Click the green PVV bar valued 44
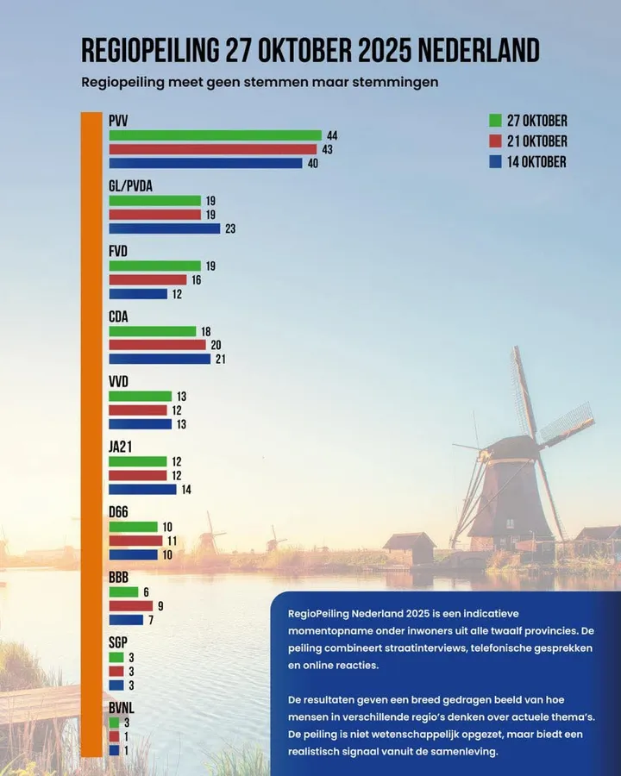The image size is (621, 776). pyautogui.click(x=215, y=135)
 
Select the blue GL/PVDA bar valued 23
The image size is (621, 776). pyautogui.click(x=165, y=228)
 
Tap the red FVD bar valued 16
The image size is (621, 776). pyautogui.click(x=147, y=279)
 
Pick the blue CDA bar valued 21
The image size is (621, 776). pyautogui.click(x=160, y=359)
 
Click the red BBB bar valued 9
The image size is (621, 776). pyautogui.click(x=130, y=606)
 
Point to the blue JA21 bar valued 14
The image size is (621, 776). pyautogui.click(x=142, y=490)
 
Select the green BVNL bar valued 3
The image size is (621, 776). pyautogui.click(x=115, y=723)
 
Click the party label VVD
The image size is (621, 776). pyautogui.click(x=119, y=382)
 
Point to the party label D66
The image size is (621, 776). pyautogui.click(x=119, y=513)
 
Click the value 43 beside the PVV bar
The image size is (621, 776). pyautogui.click(x=327, y=150)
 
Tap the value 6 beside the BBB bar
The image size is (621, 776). pyautogui.click(x=147, y=592)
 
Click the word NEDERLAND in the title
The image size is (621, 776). pyautogui.click(x=479, y=50)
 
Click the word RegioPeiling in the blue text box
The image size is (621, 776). pyautogui.click(x=323, y=612)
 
